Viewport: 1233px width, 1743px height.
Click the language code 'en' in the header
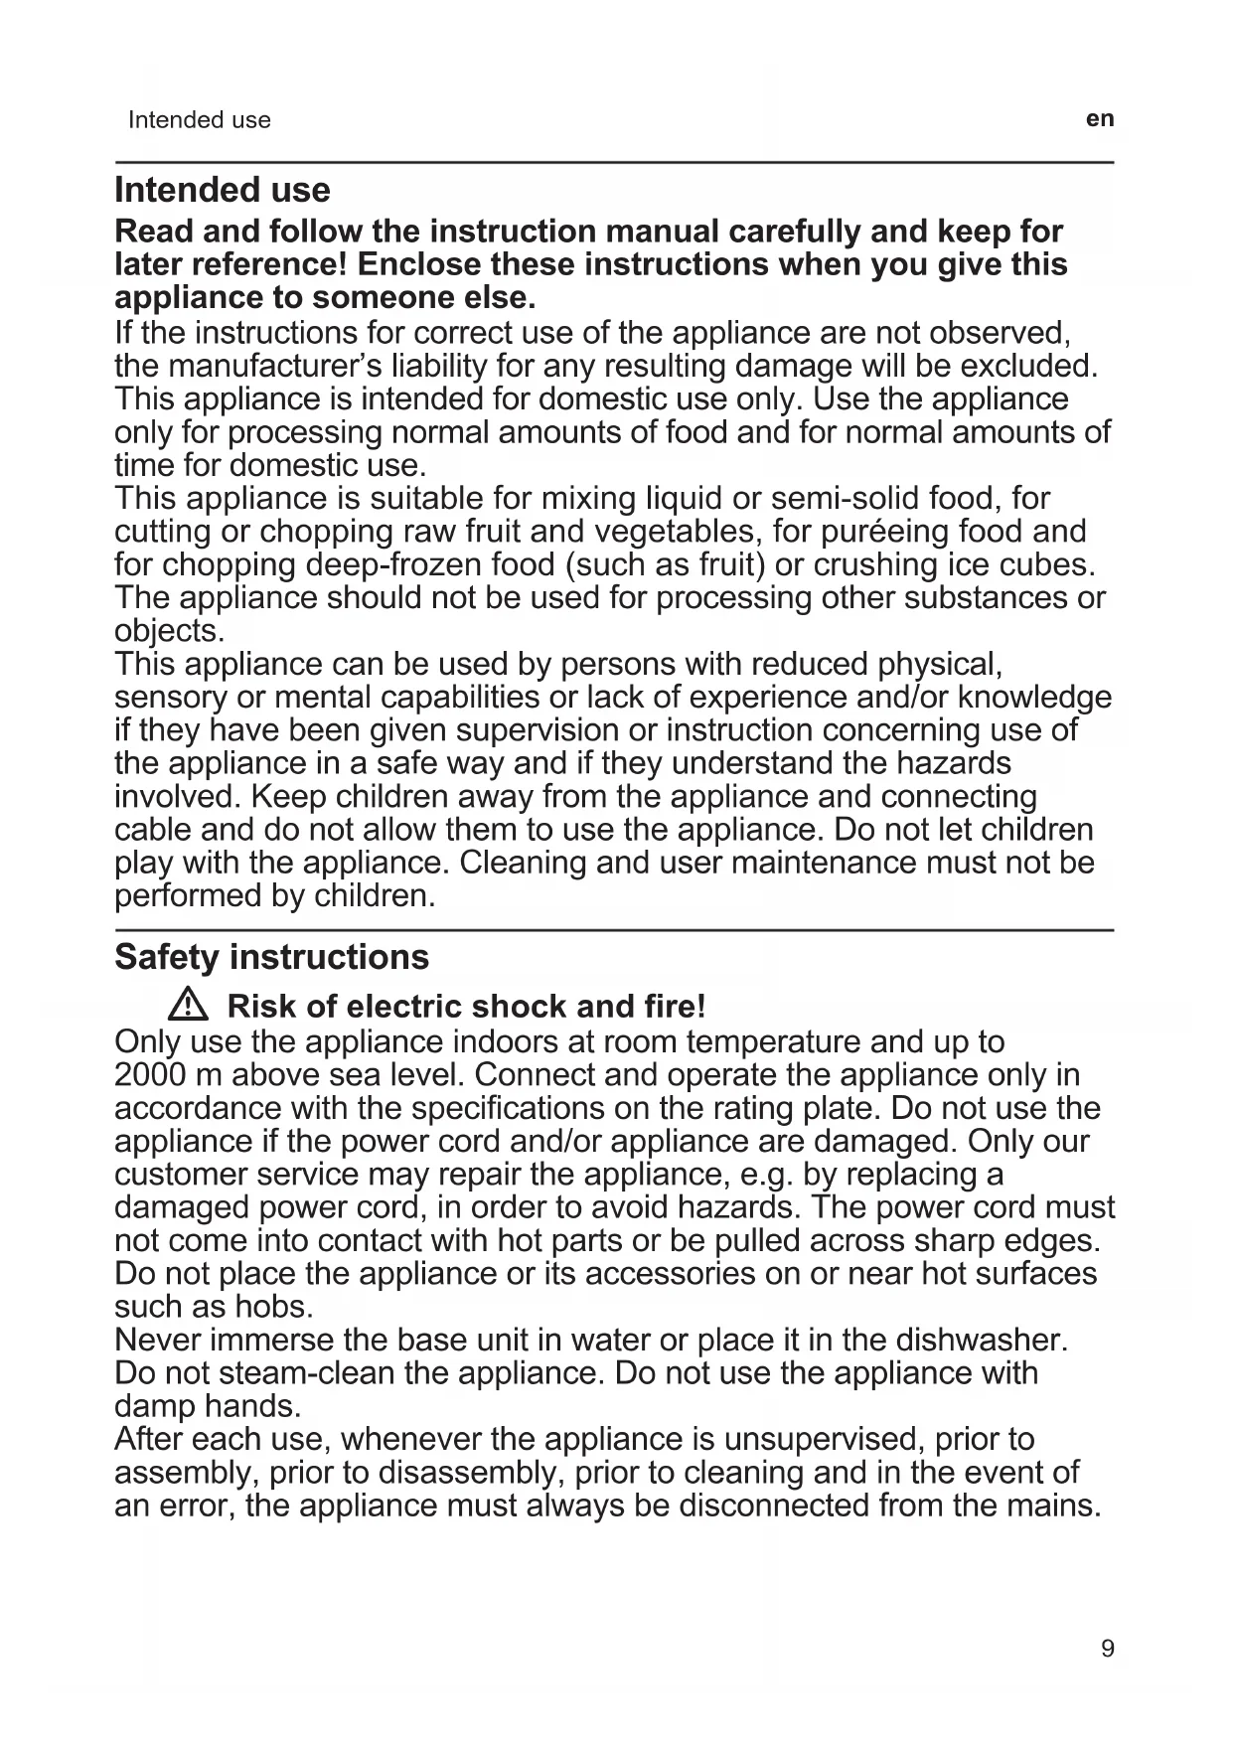click(1100, 119)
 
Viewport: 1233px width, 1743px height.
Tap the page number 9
click(1108, 1649)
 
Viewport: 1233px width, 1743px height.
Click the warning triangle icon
click(188, 1007)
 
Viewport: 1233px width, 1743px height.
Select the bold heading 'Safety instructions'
click(271, 957)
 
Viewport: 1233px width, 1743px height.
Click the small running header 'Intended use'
click(199, 120)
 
